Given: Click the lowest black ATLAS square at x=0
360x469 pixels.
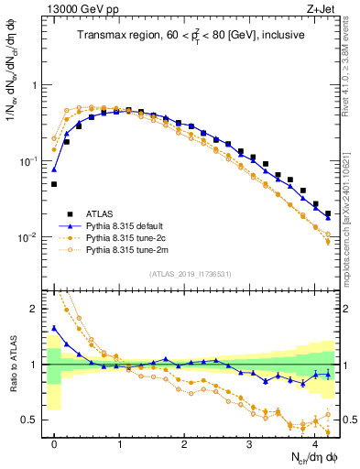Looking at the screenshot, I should pos(54,184).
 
